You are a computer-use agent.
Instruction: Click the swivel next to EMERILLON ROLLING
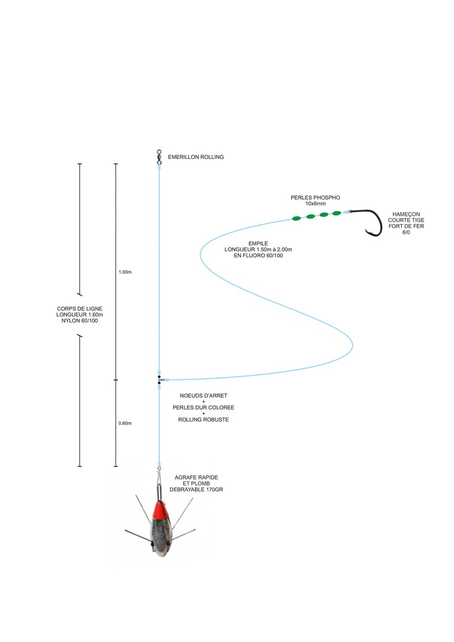159,156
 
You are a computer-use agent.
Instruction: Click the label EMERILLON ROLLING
195,157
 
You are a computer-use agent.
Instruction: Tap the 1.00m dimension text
125,272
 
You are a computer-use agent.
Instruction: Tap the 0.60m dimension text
125,423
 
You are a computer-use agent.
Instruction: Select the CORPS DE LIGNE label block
80,315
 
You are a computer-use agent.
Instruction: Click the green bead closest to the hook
336,213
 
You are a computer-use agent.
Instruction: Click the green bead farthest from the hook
297,218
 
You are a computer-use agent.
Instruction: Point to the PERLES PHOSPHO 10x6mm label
315,200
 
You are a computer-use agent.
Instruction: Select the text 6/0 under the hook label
405,232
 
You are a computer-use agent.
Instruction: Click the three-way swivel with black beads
159,380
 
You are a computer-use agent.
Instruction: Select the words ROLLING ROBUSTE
203,420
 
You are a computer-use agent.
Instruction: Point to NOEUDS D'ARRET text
203,395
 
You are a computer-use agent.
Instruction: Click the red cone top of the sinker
160,510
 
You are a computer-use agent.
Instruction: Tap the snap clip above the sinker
159,483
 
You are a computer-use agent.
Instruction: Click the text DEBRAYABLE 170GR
196,489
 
